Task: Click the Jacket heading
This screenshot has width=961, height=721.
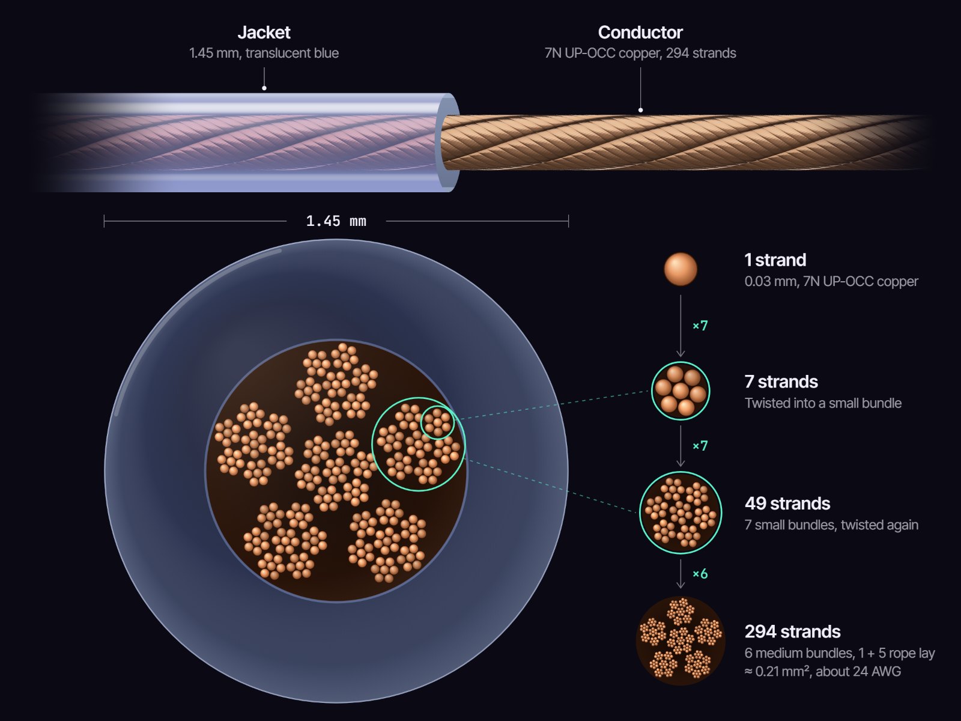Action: tap(264, 32)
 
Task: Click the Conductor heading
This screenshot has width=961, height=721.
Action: tap(640, 32)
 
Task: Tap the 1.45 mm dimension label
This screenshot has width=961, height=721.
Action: tap(336, 221)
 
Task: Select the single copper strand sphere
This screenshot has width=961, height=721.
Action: tap(681, 269)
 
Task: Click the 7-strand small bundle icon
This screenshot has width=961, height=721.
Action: tap(681, 391)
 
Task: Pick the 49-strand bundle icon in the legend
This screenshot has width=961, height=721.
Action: tap(681, 513)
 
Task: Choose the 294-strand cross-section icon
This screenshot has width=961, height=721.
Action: tap(681, 641)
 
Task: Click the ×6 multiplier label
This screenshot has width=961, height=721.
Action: tap(700, 573)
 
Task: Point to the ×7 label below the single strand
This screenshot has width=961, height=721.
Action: tap(700, 326)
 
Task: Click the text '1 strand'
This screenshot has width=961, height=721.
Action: tap(775, 260)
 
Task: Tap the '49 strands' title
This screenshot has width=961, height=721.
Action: tap(787, 503)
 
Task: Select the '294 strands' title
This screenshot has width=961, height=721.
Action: tap(792, 631)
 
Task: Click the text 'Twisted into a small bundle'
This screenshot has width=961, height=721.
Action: tap(823, 403)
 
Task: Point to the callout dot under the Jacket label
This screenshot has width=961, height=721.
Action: tap(264, 88)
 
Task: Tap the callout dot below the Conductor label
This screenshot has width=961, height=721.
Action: tap(640, 110)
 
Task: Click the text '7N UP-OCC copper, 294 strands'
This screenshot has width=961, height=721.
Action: tap(640, 53)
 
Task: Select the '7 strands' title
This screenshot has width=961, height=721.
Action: tap(781, 382)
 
